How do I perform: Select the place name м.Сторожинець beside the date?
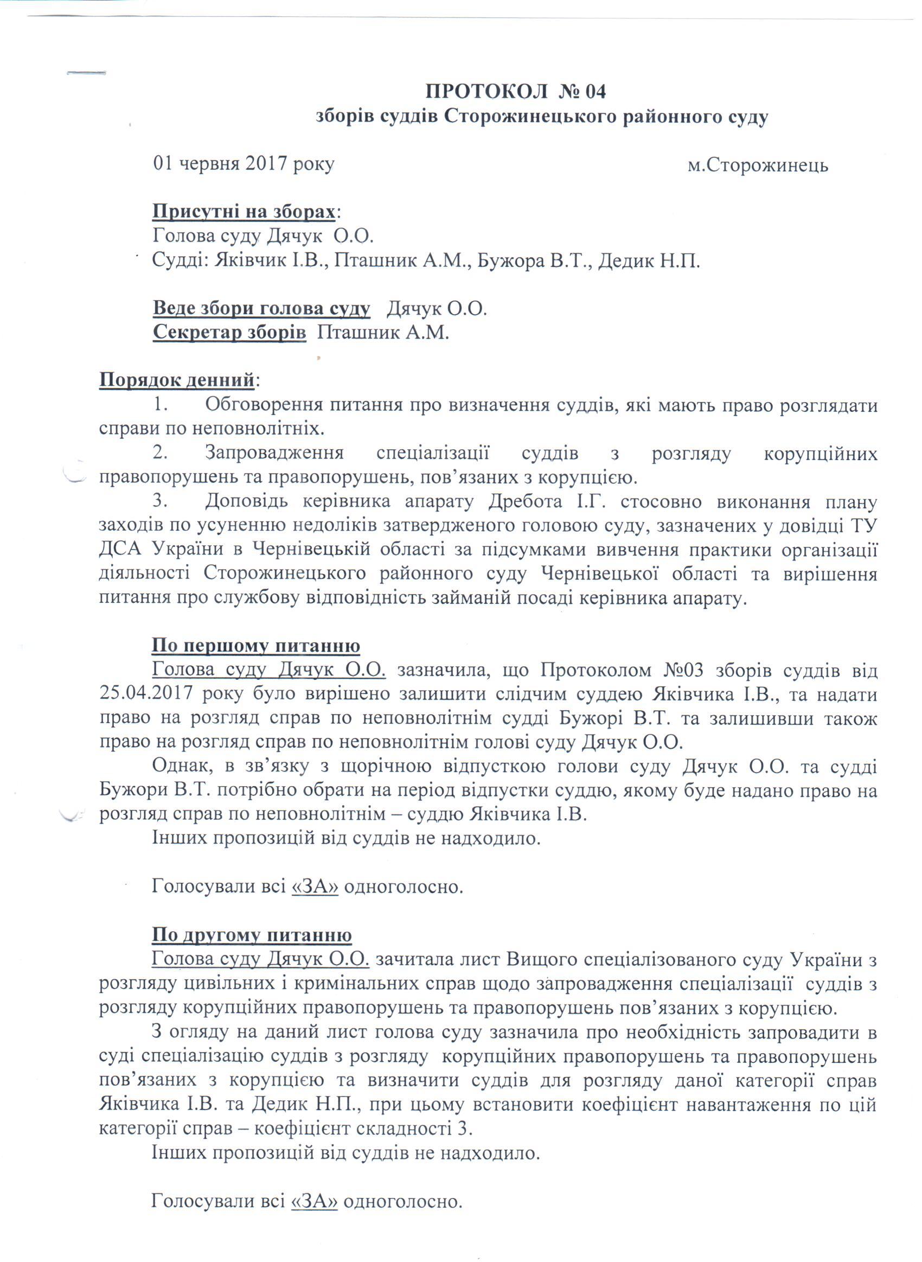coord(757,166)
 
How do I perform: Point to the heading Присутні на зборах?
coord(245,212)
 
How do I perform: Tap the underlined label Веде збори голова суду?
coord(261,309)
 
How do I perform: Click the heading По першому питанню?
coord(255,646)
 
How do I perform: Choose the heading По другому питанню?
coord(251,935)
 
